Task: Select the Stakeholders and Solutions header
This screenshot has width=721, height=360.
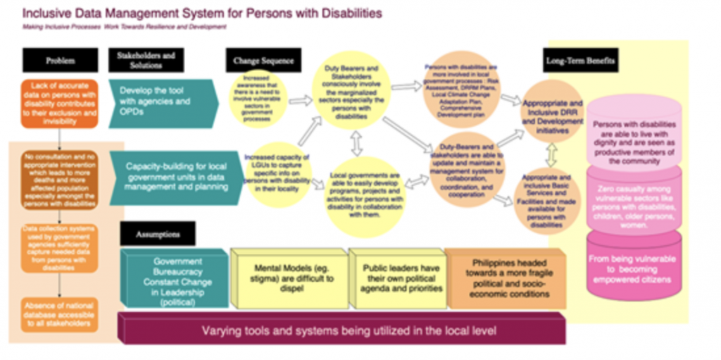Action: coord(145,61)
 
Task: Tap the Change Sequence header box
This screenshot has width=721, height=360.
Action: coord(263,61)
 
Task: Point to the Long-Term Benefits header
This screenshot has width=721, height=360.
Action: coord(582,61)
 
